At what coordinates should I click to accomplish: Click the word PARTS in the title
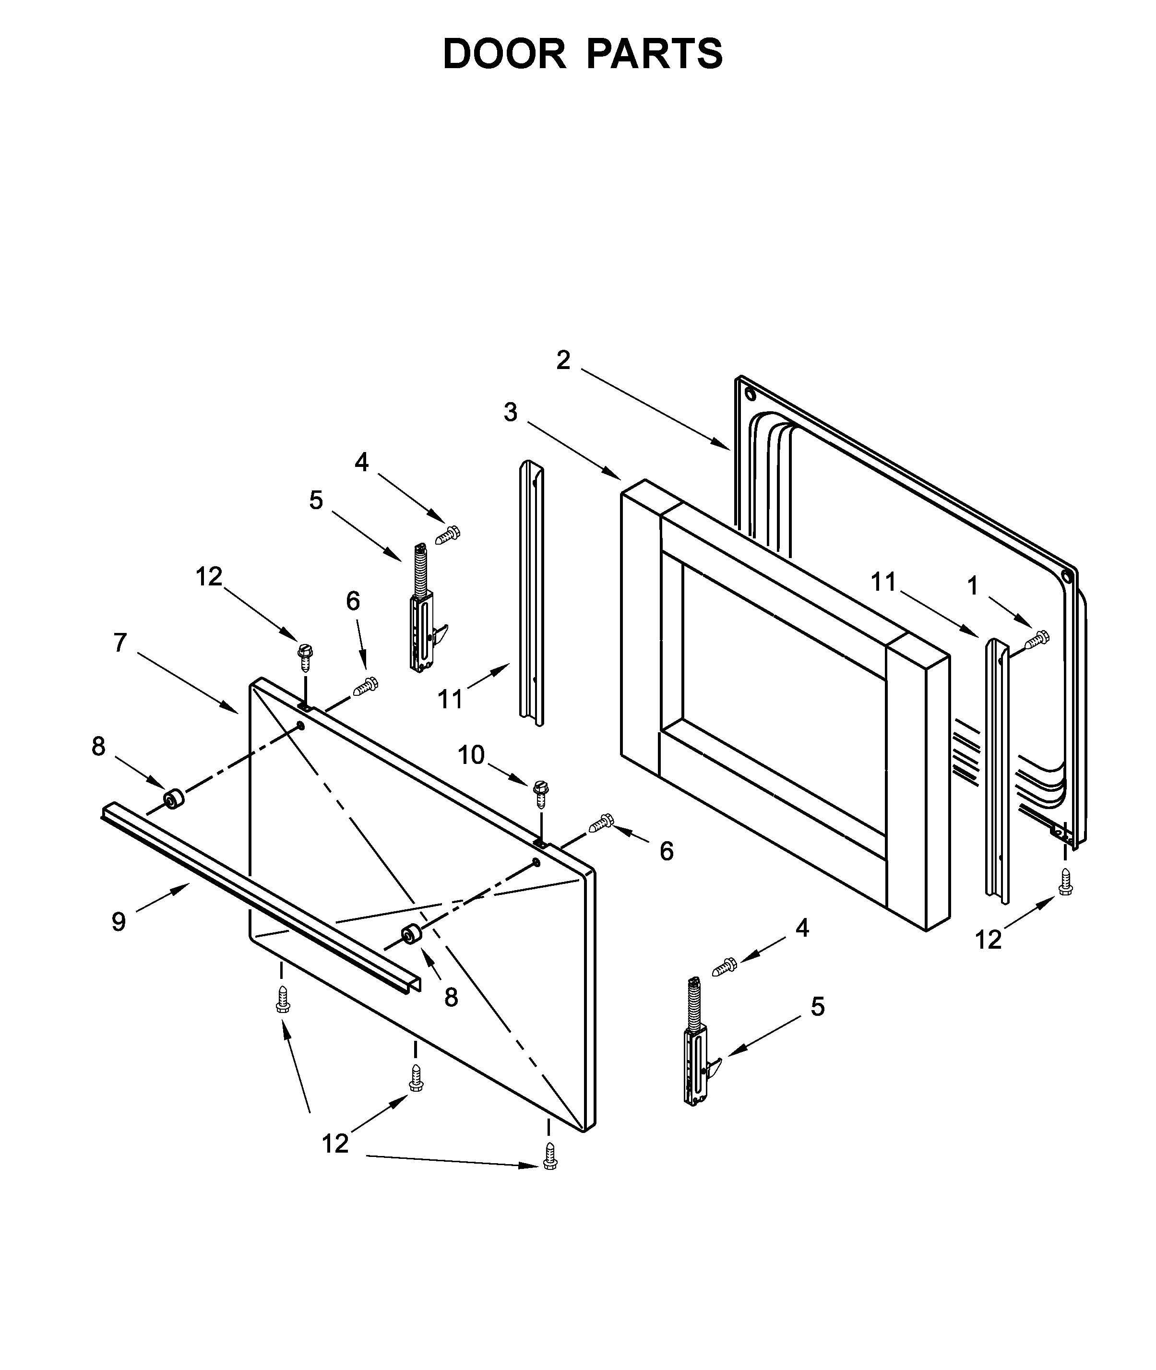click(655, 54)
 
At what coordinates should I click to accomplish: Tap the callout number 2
click(563, 360)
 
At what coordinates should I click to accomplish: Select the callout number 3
click(511, 412)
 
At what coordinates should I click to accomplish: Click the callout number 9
click(119, 922)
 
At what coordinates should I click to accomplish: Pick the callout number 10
click(471, 755)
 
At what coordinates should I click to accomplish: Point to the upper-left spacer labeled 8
click(173, 800)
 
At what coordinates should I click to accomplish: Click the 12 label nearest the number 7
click(209, 577)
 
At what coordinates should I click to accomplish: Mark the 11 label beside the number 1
click(883, 582)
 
